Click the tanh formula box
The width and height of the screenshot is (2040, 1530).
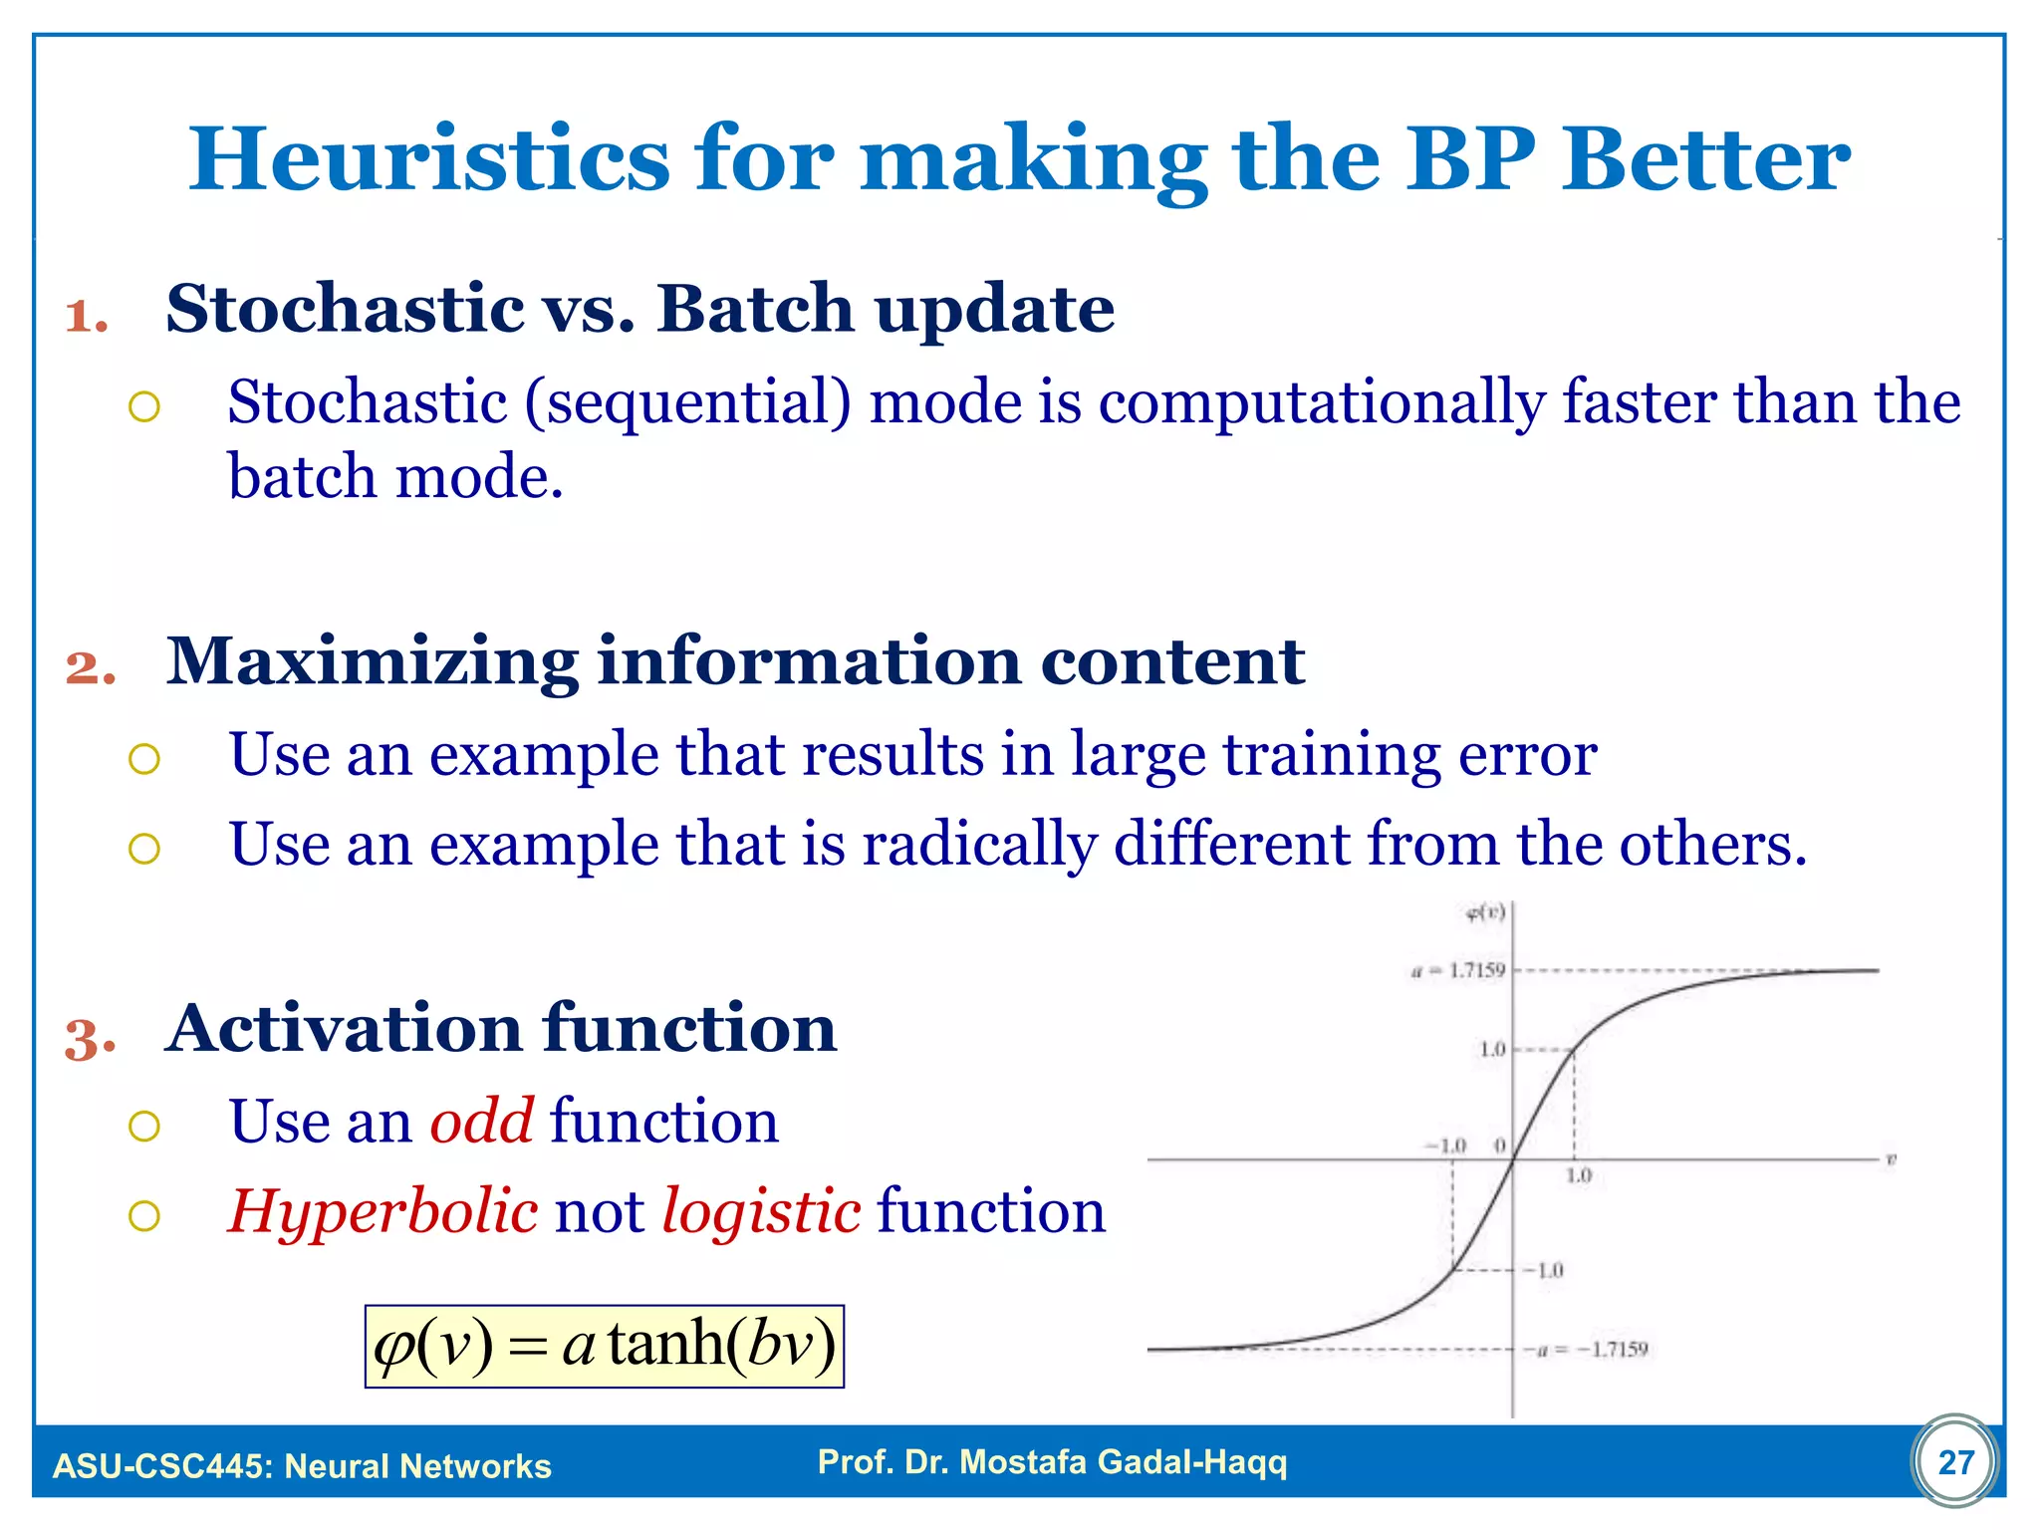(604, 1346)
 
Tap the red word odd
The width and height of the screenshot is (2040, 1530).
(481, 1121)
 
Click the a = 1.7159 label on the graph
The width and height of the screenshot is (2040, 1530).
(1458, 970)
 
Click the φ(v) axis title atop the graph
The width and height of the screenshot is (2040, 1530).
(1485, 912)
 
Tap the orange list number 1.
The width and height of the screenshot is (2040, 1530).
(87, 317)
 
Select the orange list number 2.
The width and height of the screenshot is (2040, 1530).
(91, 668)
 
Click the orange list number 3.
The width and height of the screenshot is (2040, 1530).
(91, 1039)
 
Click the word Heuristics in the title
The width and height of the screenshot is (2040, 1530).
(429, 158)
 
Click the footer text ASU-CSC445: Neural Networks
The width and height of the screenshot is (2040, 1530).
(302, 1466)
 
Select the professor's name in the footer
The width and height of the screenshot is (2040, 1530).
(1052, 1462)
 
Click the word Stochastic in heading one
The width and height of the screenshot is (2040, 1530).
(346, 309)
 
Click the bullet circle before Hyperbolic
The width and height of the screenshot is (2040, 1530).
(144, 1215)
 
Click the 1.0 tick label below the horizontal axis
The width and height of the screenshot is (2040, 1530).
(1579, 1176)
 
